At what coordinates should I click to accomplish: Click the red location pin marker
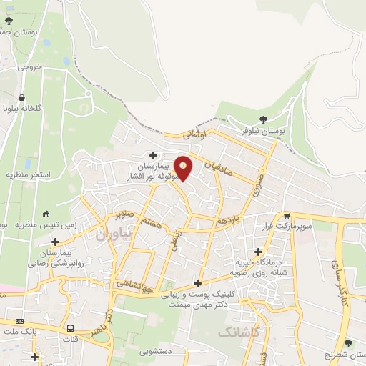click(184, 167)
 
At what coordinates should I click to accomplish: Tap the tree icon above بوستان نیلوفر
click(264, 120)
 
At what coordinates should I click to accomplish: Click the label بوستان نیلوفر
click(262, 132)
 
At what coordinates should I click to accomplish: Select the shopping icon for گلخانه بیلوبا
click(22, 97)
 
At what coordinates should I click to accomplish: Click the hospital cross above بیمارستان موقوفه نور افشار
click(153, 155)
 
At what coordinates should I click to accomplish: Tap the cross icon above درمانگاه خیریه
click(258, 251)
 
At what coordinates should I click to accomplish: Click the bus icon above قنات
click(70, 327)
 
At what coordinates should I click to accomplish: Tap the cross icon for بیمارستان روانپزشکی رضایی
click(55, 242)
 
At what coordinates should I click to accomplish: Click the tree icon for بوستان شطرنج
click(348, 343)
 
